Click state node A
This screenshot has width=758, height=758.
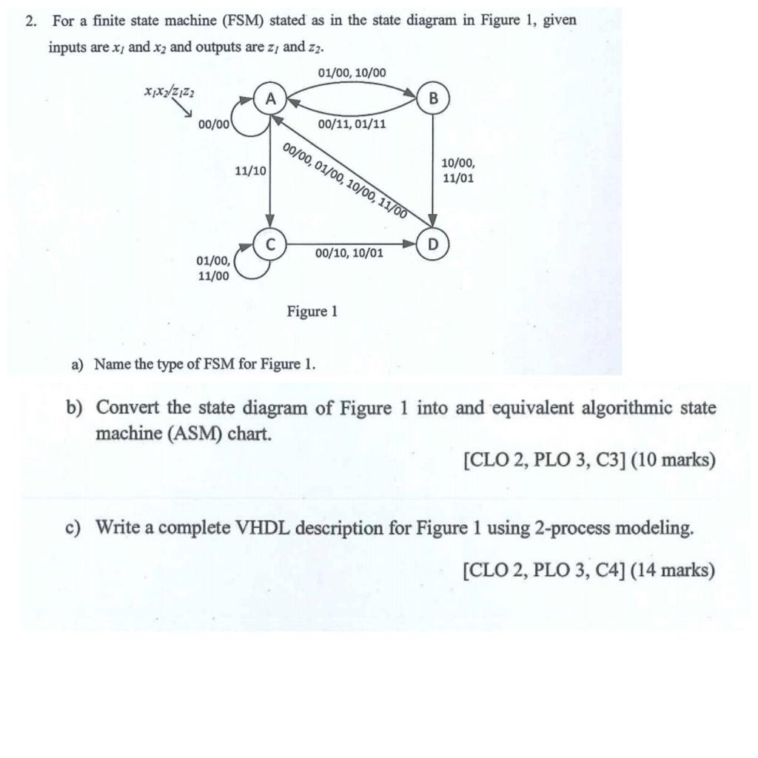(271, 98)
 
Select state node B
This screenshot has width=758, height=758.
(433, 98)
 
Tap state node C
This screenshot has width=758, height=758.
(271, 242)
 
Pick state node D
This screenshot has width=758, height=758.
(433, 243)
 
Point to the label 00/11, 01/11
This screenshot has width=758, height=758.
(352, 124)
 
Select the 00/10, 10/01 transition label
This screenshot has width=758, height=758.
(349, 253)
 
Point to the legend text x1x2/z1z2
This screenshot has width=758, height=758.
(170, 91)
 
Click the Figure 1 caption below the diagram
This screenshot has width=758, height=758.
(312, 311)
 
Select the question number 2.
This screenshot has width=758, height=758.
(30, 21)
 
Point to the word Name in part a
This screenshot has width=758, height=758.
(111, 364)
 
